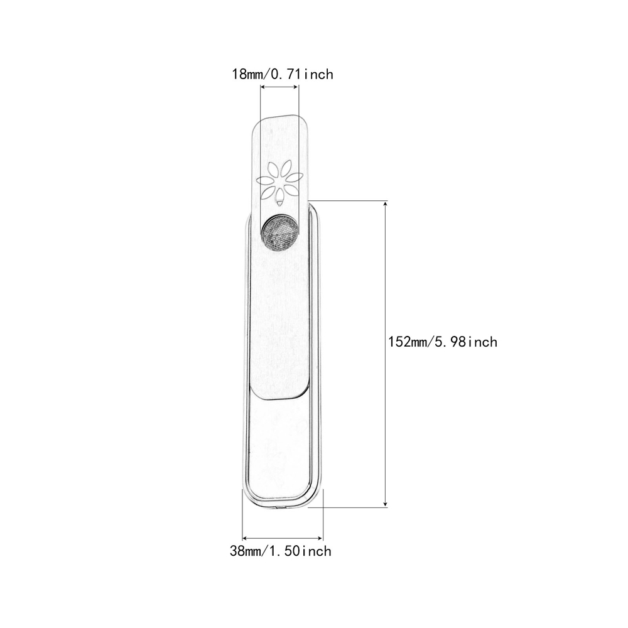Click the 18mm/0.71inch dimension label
[283, 74]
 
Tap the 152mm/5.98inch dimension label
[443, 342]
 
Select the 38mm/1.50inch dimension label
[281, 551]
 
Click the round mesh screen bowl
[279, 232]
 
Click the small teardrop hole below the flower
[279, 204]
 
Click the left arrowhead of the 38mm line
[246, 538]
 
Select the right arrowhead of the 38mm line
[320, 538]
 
